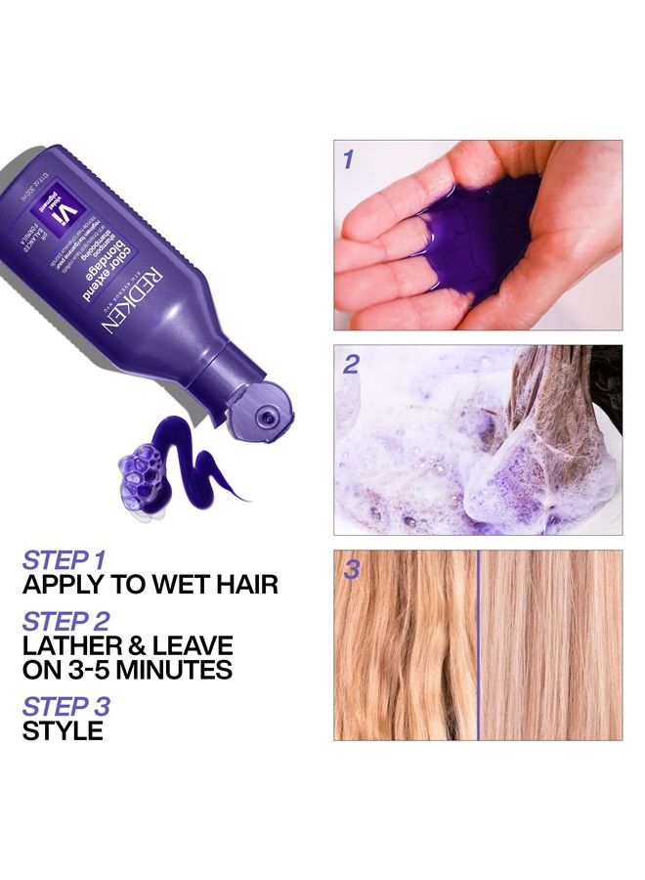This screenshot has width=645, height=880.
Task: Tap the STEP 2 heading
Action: (66, 621)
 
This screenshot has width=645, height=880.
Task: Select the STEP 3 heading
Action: (66, 706)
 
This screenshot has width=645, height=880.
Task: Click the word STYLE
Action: (63, 730)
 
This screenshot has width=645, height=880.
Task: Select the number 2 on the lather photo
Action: (351, 365)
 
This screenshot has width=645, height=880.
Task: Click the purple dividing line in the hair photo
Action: (479, 645)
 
